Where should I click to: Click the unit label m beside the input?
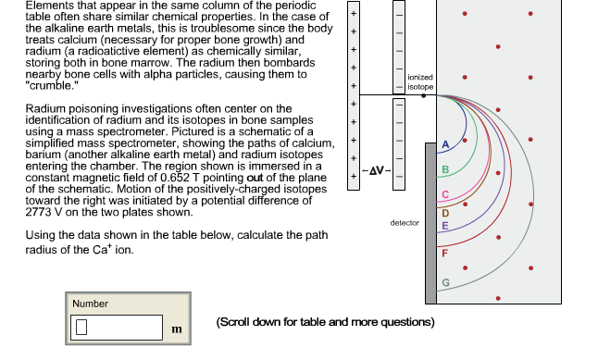point(175,329)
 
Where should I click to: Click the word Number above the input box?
point(91,304)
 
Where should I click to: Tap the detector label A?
point(445,146)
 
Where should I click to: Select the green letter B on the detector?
point(445,170)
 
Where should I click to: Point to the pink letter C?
point(445,195)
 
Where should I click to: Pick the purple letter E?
point(445,226)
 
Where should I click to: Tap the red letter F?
point(445,254)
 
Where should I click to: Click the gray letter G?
point(445,282)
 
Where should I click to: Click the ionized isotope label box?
point(419,81)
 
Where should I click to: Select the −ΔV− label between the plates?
point(375,171)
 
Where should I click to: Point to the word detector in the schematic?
point(405,223)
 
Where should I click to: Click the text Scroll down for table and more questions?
point(325,322)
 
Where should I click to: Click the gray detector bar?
point(430,222)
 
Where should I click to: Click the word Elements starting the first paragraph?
point(25,7)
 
